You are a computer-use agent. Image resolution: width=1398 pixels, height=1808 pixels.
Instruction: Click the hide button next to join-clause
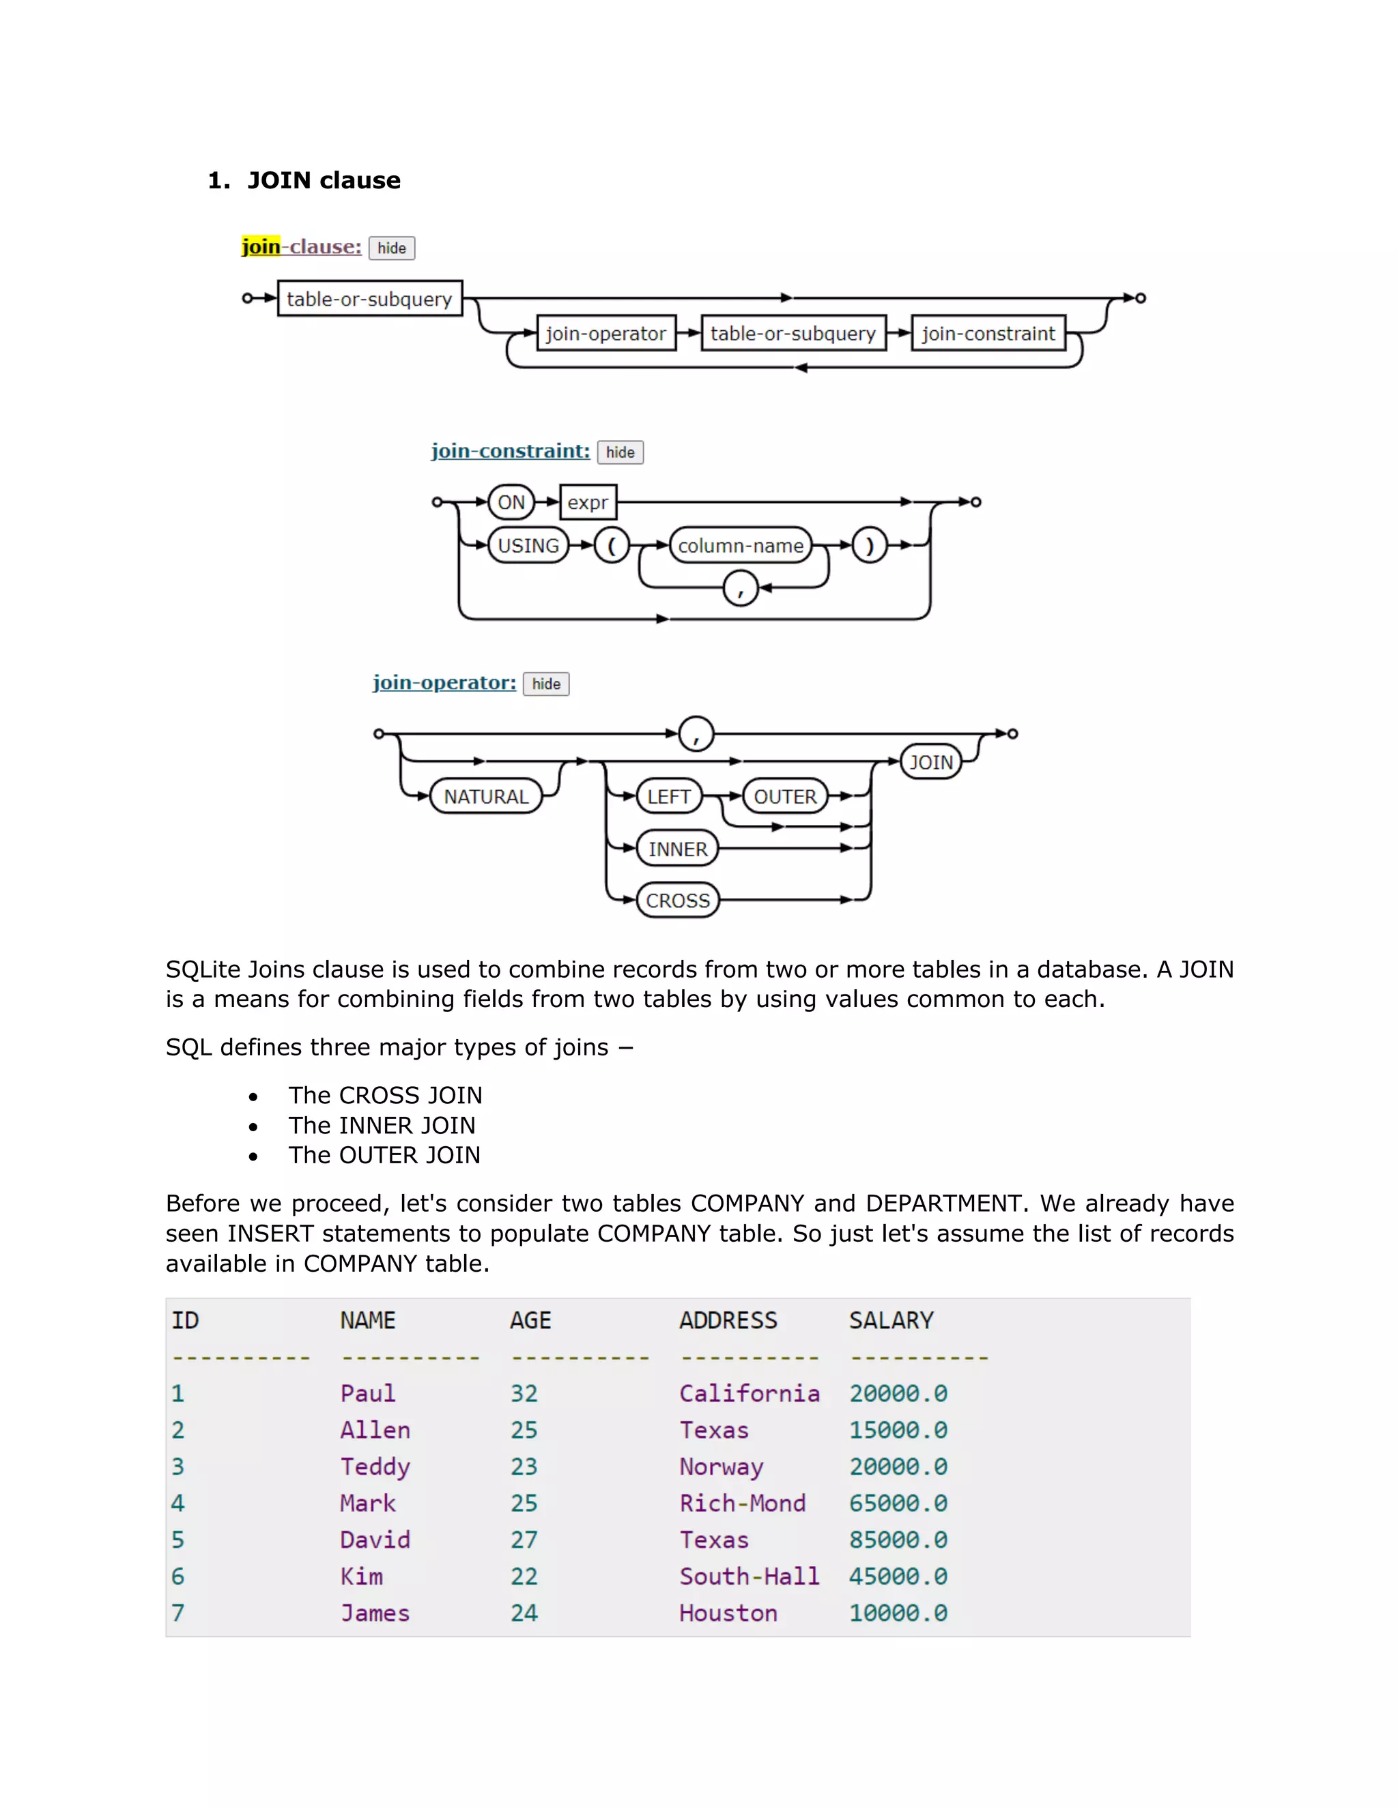391,248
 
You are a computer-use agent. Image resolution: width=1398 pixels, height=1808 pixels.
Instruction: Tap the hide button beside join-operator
546,684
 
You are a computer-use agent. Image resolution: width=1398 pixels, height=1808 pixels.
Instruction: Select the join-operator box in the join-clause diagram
605,334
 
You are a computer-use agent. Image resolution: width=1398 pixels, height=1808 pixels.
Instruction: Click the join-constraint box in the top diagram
987,334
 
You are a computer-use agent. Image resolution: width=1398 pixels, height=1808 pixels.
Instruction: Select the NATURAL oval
486,796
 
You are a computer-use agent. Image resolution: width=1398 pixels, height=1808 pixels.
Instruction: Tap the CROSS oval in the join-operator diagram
677,901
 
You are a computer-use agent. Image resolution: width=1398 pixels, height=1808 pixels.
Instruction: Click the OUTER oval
784,796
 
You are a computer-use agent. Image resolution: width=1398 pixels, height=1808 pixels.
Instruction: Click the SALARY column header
890,1320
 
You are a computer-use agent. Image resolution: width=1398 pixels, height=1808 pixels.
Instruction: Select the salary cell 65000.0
898,1503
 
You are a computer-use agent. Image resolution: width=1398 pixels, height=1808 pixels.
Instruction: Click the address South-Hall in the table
749,1576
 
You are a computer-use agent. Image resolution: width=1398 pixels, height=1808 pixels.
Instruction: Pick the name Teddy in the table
375,1467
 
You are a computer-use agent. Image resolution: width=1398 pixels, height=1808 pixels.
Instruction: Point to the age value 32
524,1394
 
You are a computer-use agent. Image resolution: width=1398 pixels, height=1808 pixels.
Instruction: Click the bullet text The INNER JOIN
382,1126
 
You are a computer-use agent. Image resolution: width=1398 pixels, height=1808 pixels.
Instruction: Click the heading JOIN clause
323,181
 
